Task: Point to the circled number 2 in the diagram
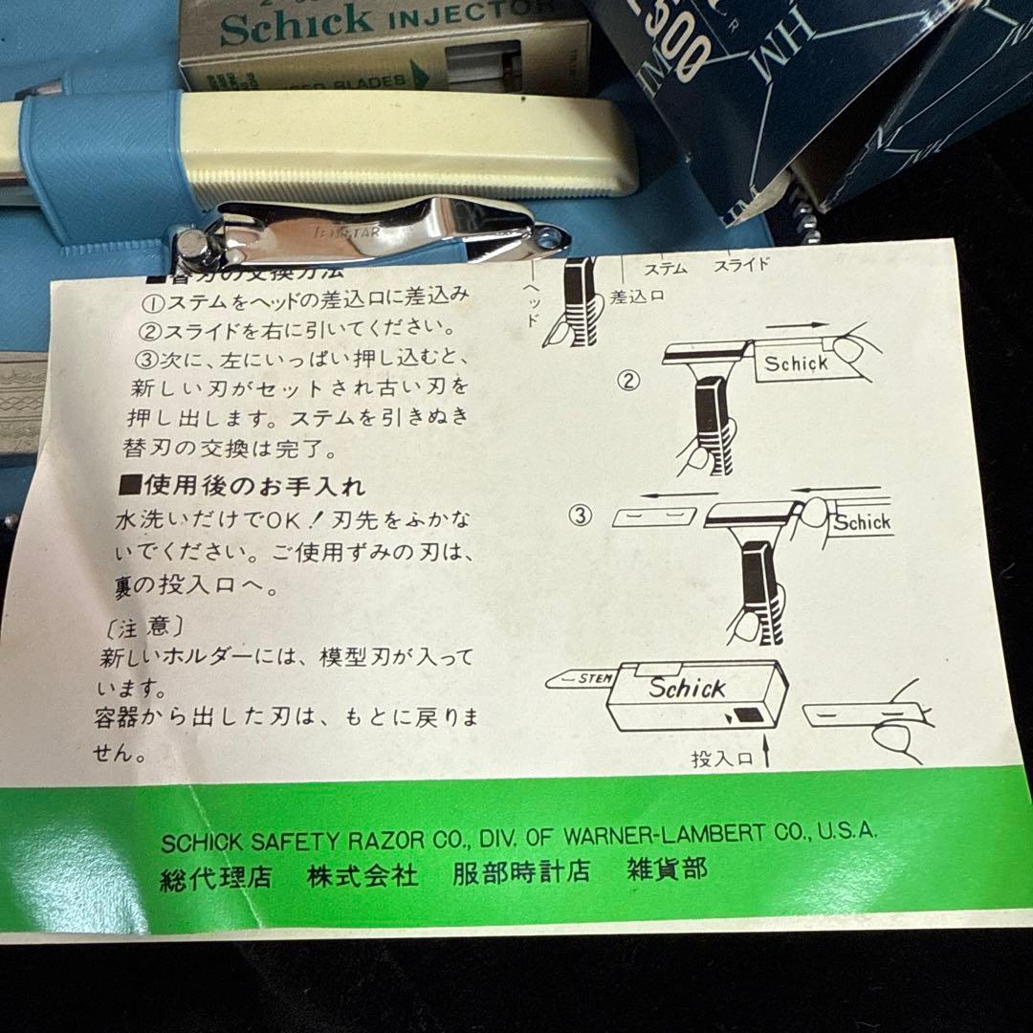point(628,382)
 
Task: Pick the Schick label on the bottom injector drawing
point(687,687)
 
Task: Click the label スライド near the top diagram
point(741,265)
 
